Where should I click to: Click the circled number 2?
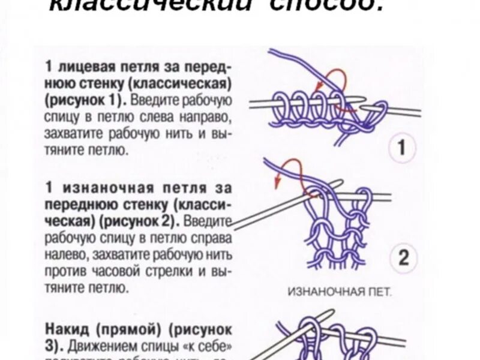pyautogui.click(x=403, y=259)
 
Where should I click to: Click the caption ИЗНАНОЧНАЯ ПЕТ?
pyautogui.click(x=339, y=293)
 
